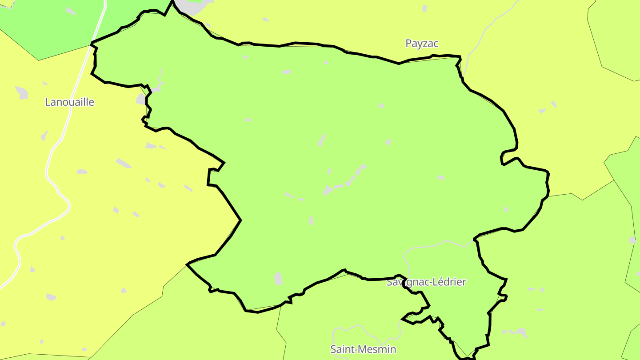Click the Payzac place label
(x=422, y=44)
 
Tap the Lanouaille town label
(x=70, y=102)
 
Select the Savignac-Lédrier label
(x=426, y=282)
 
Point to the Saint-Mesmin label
(x=363, y=349)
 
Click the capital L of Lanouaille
(x=48, y=102)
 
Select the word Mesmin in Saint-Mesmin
(x=377, y=349)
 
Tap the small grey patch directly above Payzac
(x=424, y=8)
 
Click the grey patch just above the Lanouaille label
(x=21, y=92)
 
